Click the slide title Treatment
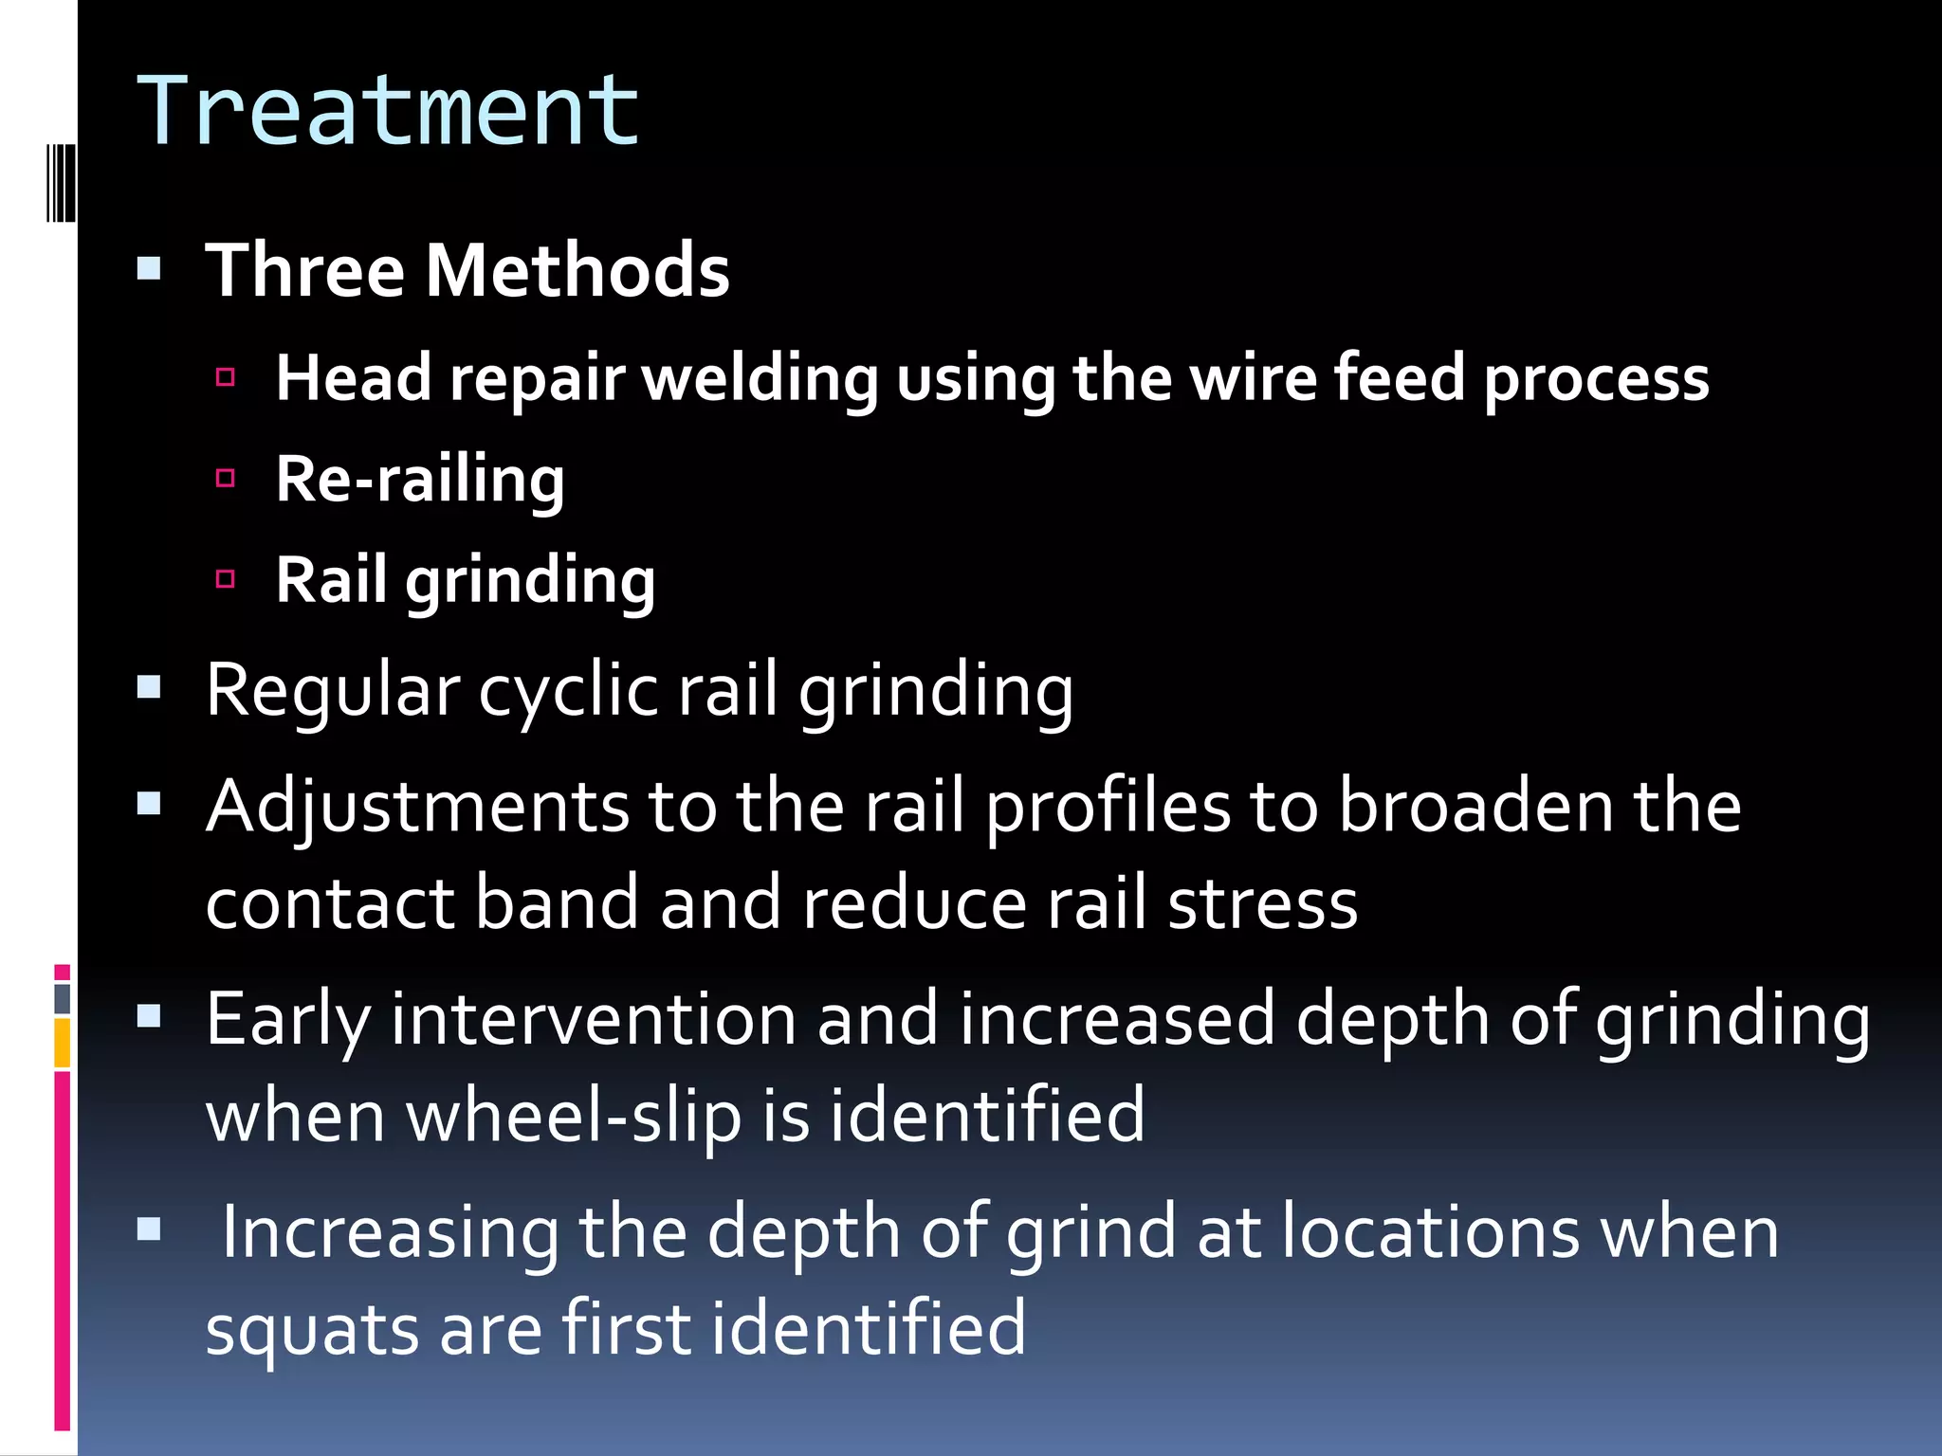point(389,112)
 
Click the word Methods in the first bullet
point(577,271)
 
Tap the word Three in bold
point(305,271)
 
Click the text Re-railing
point(420,480)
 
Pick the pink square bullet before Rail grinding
point(226,578)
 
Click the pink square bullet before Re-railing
point(226,478)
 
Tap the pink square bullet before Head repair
point(226,377)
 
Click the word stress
point(1262,904)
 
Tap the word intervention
point(594,1020)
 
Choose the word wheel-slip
point(574,1117)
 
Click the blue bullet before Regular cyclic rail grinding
point(150,686)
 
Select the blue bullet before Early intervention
point(150,1017)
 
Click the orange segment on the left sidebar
point(63,1043)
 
